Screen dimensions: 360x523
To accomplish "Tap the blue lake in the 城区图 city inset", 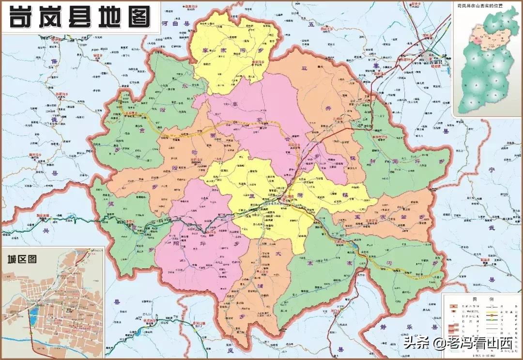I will (32, 318).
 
